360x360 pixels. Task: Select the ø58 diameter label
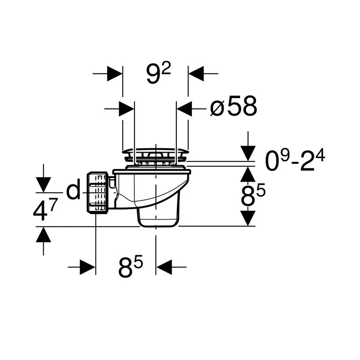point(234,106)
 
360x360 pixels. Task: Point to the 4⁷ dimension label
point(45,209)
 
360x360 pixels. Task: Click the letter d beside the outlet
point(74,189)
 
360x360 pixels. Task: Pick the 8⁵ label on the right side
point(253,195)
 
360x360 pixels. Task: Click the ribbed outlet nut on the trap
point(97,192)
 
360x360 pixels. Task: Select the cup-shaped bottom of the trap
point(158,218)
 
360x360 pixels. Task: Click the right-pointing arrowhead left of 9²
point(114,74)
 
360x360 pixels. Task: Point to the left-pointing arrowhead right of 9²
point(196,74)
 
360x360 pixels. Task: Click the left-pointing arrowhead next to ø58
point(184,108)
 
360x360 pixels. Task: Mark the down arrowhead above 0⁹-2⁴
point(248,153)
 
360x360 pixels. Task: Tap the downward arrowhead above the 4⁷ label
point(43,185)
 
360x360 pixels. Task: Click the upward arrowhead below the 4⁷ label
point(43,234)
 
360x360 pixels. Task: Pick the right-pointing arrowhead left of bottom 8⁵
point(88,267)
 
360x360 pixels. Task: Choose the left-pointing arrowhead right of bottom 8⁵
point(164,267)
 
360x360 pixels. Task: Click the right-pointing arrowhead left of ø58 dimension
point(126,108)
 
